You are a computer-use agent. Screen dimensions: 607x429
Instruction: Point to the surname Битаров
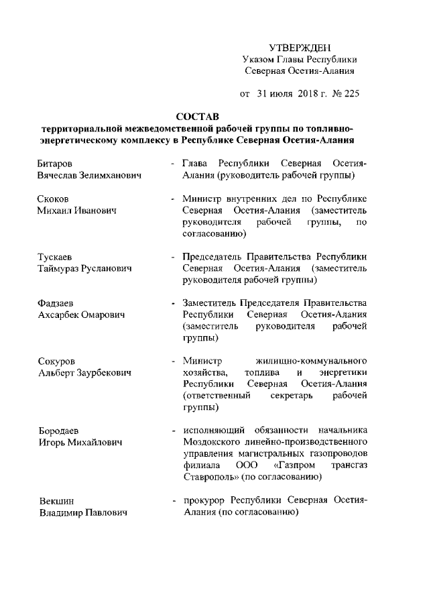[x=56, y=164]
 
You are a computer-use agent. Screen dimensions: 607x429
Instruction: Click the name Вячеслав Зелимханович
[x=82, y=176]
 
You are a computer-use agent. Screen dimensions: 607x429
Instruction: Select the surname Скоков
[x=54, y=199]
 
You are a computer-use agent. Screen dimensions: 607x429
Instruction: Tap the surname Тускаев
[x=56, y=258]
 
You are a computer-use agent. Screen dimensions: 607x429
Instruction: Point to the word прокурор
[x=205, y=501]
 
